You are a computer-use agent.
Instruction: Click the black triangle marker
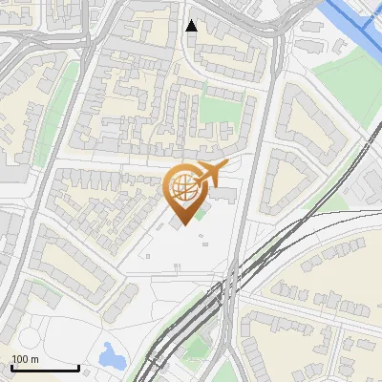click(192, 26)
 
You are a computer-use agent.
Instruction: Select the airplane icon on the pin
click(209, 175)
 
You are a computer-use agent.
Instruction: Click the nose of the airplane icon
click(226, 167)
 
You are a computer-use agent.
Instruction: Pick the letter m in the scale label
click(34, 359)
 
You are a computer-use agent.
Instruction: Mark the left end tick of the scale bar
click(11, 366)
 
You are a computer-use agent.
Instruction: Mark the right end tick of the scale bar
click(78, 366)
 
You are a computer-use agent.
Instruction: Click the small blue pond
click(111, 357)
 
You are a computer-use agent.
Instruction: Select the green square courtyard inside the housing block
click(217, 113)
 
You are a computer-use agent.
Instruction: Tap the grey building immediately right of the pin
click(225, 195)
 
